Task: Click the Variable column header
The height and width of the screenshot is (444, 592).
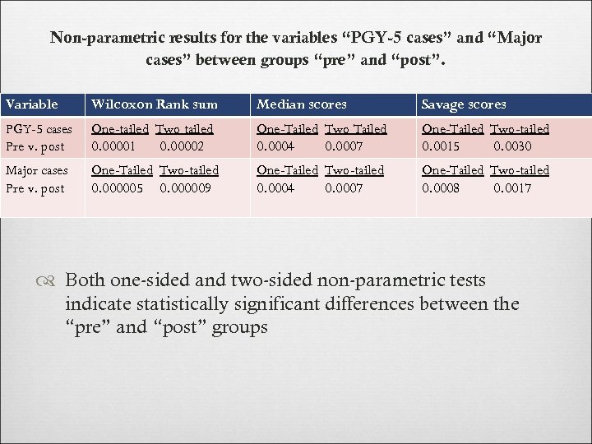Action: [32, 104]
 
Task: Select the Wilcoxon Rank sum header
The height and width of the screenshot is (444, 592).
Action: [155, 104]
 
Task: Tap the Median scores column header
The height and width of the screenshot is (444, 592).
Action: [302, 104]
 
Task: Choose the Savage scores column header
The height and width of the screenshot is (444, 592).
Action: [464, 104]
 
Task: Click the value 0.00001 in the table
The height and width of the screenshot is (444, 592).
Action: [115, 146]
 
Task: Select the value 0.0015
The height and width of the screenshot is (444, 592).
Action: [440, 146]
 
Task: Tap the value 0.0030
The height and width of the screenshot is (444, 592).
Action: [512, 146]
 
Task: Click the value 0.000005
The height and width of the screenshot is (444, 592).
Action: [118, 188]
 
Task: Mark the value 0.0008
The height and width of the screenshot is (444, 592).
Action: [440, 188]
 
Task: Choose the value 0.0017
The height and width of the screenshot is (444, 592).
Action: [512, 188]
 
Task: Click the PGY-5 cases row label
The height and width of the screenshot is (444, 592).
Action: [39, 129]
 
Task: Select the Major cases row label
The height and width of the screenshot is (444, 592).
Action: [36, 171]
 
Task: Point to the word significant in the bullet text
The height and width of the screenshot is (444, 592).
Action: [305, 304]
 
